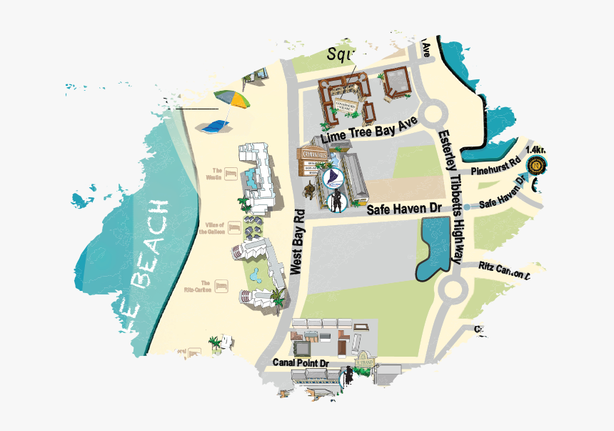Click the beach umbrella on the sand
pos(233,99)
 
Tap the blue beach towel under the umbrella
pos(214,127)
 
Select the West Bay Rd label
pos(298,243)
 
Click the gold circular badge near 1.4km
pos(535,167)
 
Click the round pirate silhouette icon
pos(336,202)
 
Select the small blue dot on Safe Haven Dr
pos(466,207)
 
